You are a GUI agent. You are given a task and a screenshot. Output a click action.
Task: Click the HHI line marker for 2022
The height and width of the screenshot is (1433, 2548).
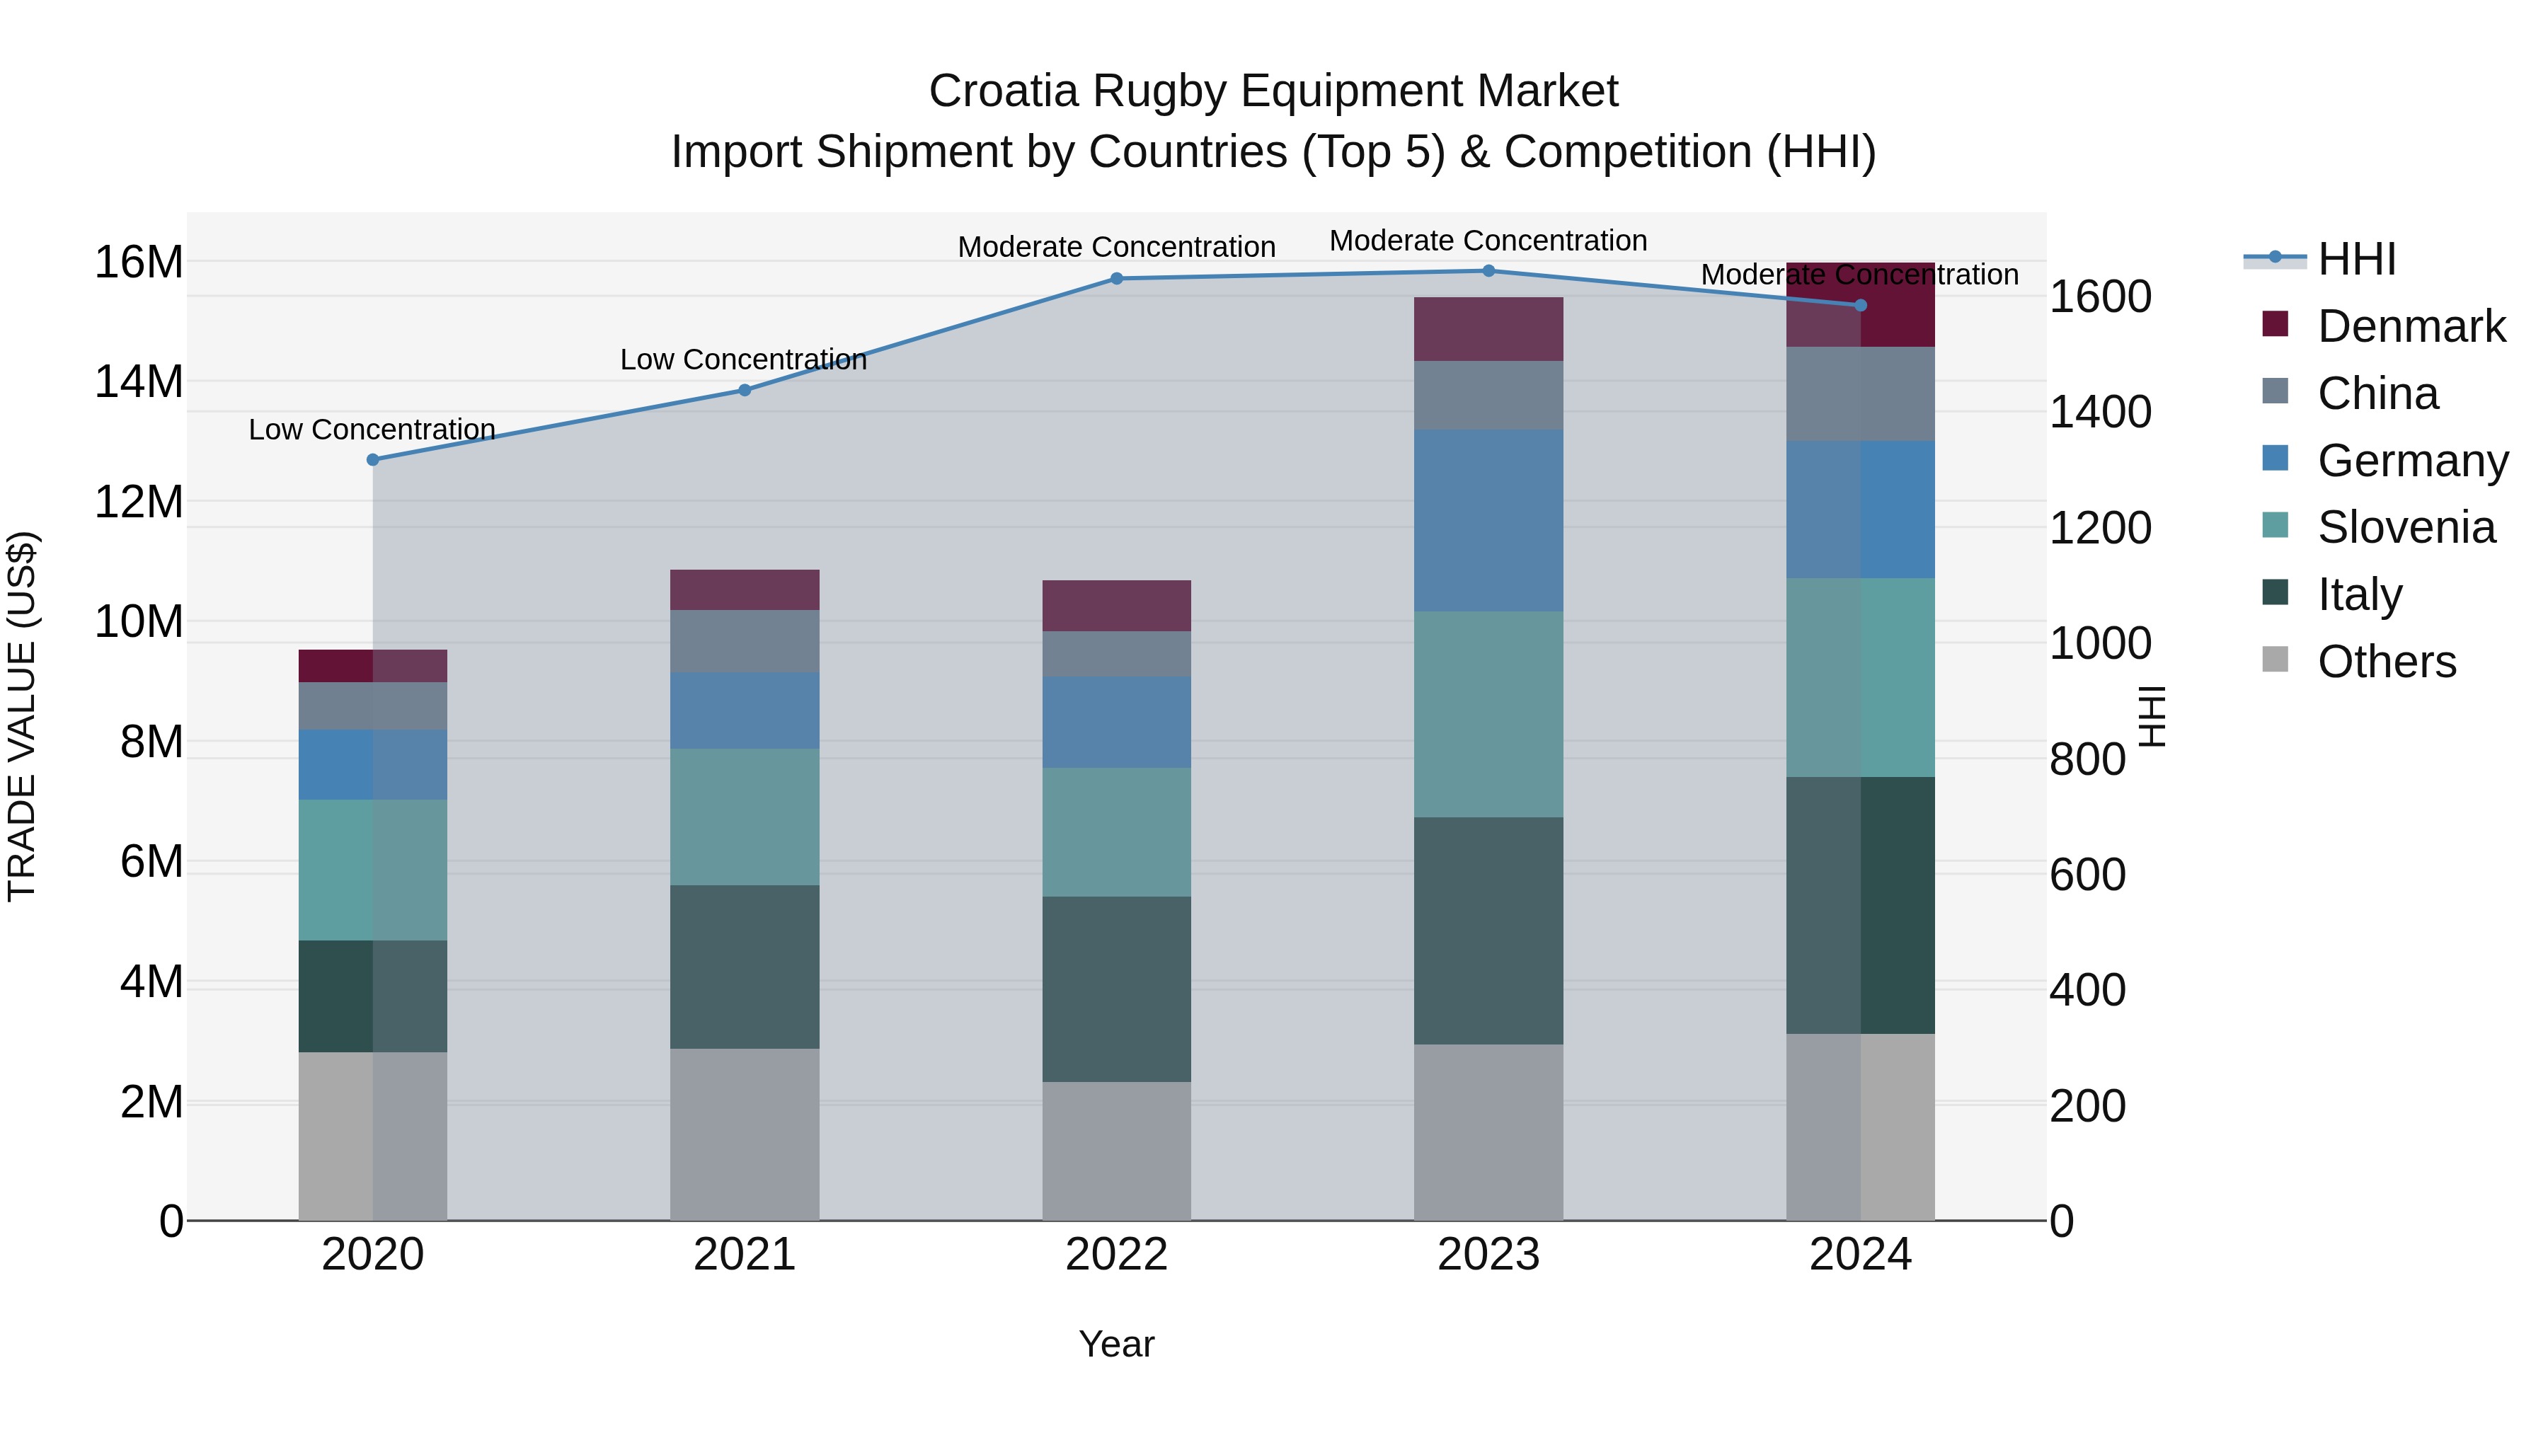pyautogui.click(x=1117, y=279)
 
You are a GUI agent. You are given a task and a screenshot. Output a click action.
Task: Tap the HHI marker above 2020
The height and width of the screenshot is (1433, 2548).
pyautogui.click(x=373, y=460)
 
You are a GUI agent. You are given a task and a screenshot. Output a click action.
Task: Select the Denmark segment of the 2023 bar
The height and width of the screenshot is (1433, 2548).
pyautogui.click(x=1488, y=329)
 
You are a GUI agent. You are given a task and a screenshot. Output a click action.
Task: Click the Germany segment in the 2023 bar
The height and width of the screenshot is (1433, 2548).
pyautogui.click(x=1488, y=521)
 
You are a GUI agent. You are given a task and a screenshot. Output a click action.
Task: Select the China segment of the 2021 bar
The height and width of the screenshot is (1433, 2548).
pyautogui.click(x=744, y=641)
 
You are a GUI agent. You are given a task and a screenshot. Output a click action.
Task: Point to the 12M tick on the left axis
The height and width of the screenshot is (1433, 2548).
pyautogui.click(x=139, y=502)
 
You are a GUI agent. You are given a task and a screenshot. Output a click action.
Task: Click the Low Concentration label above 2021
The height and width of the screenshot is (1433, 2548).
pyautogui.click(x=744, y=360)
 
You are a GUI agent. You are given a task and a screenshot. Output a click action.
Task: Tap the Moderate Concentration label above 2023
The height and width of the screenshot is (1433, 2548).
pyautogui.click(x=1488, y=241)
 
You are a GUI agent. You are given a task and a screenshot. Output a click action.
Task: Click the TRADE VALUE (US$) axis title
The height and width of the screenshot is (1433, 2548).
pyautogui.click(x=22, y=716)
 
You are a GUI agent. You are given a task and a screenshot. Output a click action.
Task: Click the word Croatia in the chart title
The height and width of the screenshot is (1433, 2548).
pyautogui.click(x=1003, y=92)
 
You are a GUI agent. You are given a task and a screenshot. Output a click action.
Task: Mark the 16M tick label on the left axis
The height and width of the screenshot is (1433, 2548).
pyautogui.click(x=139, y=263)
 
